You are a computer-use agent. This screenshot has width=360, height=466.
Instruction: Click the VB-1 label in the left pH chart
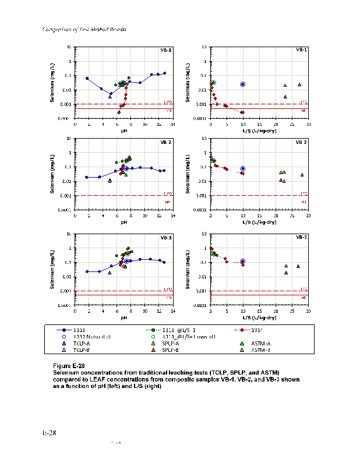click(166, 50)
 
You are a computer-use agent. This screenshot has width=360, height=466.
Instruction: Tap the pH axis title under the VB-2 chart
click(124, 222)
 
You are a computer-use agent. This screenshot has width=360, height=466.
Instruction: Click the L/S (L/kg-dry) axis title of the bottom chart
click(259, 317)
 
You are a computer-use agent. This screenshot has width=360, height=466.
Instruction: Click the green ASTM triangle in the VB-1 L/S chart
click(299, 85)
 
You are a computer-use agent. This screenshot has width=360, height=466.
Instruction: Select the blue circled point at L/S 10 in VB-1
click(243, 84)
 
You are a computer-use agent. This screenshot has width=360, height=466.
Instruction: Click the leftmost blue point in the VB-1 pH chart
click(87, 78)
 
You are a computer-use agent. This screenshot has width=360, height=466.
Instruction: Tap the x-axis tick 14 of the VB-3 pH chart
click(173, 312)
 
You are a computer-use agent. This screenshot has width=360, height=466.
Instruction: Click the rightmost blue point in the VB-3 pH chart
click(164, 262)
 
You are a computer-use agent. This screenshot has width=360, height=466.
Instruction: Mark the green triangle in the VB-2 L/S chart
click(302, 175)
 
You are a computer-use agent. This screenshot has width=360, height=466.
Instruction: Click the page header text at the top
click(86, 29)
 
